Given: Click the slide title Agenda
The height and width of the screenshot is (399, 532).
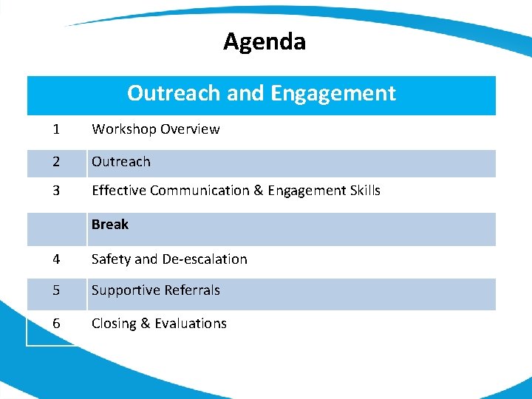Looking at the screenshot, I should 264,42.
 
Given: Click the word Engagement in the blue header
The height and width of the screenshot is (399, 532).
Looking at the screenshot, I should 333,93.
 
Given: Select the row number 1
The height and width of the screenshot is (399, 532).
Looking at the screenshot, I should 56,129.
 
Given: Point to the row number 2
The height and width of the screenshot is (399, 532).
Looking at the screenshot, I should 56,162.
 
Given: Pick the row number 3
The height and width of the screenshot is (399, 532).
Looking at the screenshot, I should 56,191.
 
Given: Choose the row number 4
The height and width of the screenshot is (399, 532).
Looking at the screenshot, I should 56,259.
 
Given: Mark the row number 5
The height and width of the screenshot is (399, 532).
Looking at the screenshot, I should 56,290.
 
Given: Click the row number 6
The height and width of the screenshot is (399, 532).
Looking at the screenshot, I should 56,324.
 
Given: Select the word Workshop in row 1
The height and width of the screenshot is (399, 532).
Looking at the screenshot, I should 123,129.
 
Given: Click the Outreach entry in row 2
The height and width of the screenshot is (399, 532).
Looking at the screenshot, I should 120,162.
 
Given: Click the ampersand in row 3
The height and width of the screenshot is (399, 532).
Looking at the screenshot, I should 258,191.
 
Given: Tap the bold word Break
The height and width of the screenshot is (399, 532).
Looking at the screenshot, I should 110,225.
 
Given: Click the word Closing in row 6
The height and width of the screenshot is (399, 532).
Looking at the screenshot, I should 115,324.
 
